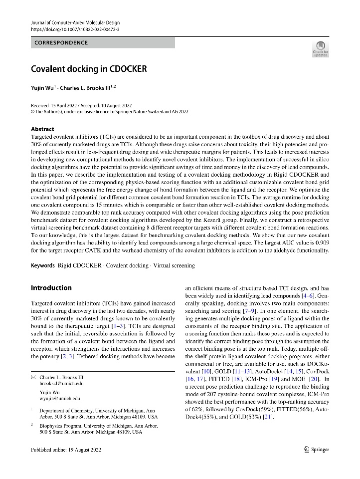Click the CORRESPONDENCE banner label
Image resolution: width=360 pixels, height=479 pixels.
pyautogui.click(x=61, y=43)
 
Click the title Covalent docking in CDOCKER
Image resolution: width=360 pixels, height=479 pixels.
pyautogui.click(x=89, y=69)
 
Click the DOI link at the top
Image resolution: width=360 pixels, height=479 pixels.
pyautogui.click(x=75, y=29)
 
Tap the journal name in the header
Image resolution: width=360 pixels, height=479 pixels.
pyautogui.click(x=75, y=23)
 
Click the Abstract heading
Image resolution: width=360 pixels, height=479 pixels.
pyautogui.click(x=42, y=129)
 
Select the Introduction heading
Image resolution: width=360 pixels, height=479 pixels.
pyautogui.click(x=51, y=288)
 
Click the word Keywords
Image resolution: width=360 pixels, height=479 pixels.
pyautogui.click(x=43, y=266)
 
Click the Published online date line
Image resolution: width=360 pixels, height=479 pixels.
pyautogui.click(x=66, y=450)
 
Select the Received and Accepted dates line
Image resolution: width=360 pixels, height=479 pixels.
pyautogui.click(x=81, y=106)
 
